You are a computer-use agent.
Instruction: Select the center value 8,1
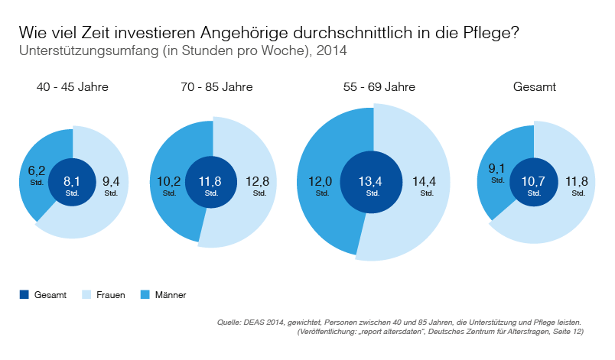(72, 181)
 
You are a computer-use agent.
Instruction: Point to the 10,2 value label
(169, 181)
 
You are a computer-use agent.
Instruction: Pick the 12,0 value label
(320, 181)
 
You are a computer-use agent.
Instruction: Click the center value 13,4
(373, 181)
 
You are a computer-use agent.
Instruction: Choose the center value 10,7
(534, 181)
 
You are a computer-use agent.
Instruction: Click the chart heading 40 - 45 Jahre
(73, 87)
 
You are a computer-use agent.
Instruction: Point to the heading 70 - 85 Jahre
(213, 87)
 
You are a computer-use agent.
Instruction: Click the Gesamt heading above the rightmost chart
(534, 87)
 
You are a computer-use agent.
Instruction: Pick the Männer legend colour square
(145, 294)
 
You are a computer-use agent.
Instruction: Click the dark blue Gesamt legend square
(24, 294)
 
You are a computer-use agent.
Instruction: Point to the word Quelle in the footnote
(231, 322)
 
